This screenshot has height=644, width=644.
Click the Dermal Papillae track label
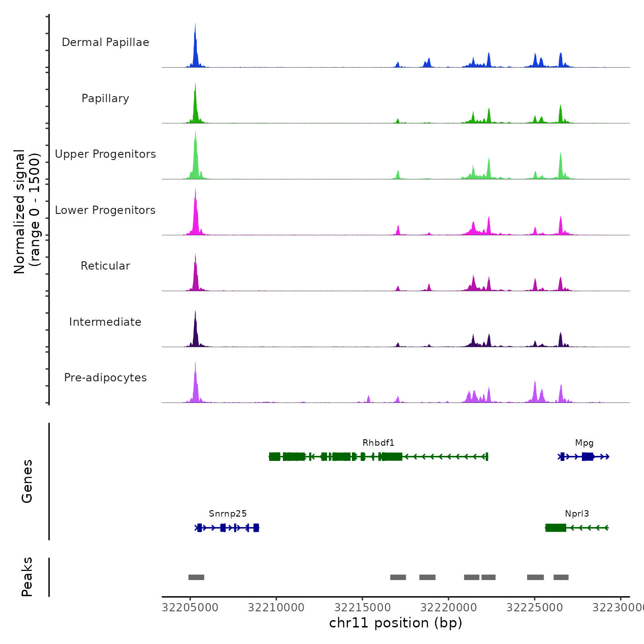tap(105, 42)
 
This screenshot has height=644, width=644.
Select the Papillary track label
tap(105, 98)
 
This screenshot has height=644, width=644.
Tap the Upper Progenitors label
tap(105, 154)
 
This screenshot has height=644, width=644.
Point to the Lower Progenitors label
tap(105, 210)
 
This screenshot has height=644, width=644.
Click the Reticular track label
tap(105, 266)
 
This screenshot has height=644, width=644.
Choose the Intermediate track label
tap(105, 322)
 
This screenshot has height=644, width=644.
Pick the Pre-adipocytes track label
tap(105, 378)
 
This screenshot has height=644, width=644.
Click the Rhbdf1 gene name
tap(378, 443)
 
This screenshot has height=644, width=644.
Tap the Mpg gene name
tap(584, 443)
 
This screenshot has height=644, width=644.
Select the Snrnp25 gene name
tap(228, 514)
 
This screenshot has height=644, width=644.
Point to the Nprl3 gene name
tap(577, 514)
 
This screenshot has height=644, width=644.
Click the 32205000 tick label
tap(190, 608)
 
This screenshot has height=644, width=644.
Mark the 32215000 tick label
tap(362, 608)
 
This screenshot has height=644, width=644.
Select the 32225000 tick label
tap(535, 608)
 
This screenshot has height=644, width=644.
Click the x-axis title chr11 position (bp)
tap(396, 623)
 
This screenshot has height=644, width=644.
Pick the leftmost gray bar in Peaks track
tap(196, 577)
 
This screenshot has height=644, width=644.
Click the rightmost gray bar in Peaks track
tap(561, 577)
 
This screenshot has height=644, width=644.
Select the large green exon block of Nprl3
tap(556, 528)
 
